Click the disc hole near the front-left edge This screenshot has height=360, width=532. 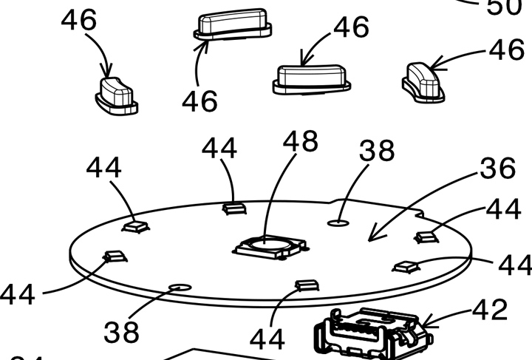(x=179, y=287)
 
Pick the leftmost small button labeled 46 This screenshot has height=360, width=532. (x=117, y=94)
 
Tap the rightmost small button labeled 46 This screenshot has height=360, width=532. (x=423, y=79)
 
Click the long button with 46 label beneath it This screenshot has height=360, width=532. (x=233, y=23)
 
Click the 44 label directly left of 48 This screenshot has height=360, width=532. (x=219, y=149)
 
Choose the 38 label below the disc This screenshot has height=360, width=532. (x=122, y=333)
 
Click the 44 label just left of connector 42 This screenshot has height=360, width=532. (x=267, y=339)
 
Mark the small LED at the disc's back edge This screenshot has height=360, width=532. (x=233, y=208)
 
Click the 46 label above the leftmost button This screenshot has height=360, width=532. (x=79, y=21)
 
